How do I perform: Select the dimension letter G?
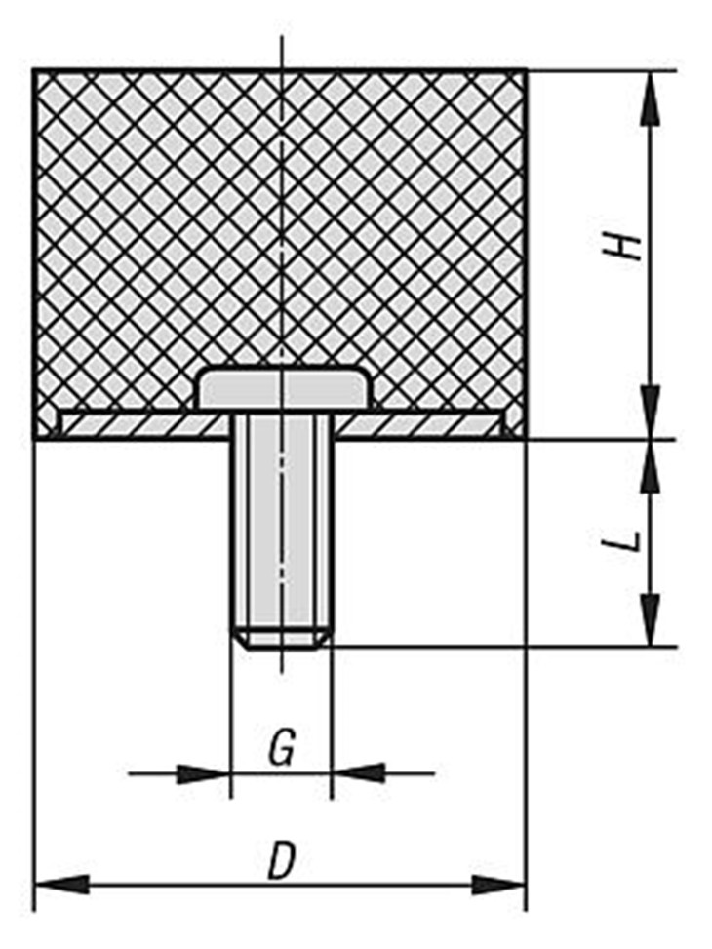click(282, 746)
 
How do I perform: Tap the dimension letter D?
click(282, 859)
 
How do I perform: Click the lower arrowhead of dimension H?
click(651, 413)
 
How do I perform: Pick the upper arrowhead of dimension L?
click(651, 465)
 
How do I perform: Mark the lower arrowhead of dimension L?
click(651, 620)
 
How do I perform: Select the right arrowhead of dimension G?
click(358, 772)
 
